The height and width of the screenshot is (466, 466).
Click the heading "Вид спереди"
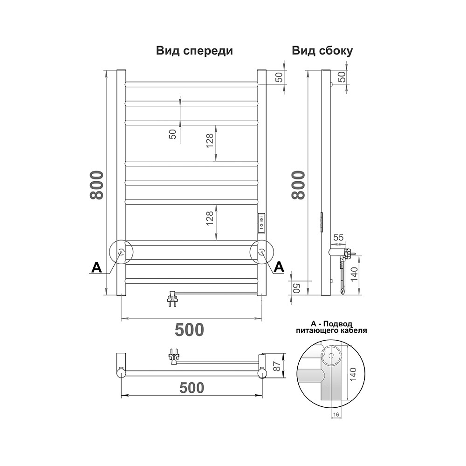[194, 51]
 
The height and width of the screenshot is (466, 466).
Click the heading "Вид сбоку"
[322, 51]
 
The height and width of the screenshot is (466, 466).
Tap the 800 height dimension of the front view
[97, 185]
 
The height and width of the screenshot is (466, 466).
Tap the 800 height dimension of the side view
[298, 185]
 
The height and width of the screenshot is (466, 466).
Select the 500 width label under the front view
[190, 329]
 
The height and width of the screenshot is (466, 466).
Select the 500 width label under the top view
[192, 388]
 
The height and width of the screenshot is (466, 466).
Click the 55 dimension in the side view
[338, 237]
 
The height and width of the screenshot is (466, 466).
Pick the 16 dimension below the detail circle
[336, 415]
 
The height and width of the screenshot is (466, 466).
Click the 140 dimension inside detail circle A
[353, 375]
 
